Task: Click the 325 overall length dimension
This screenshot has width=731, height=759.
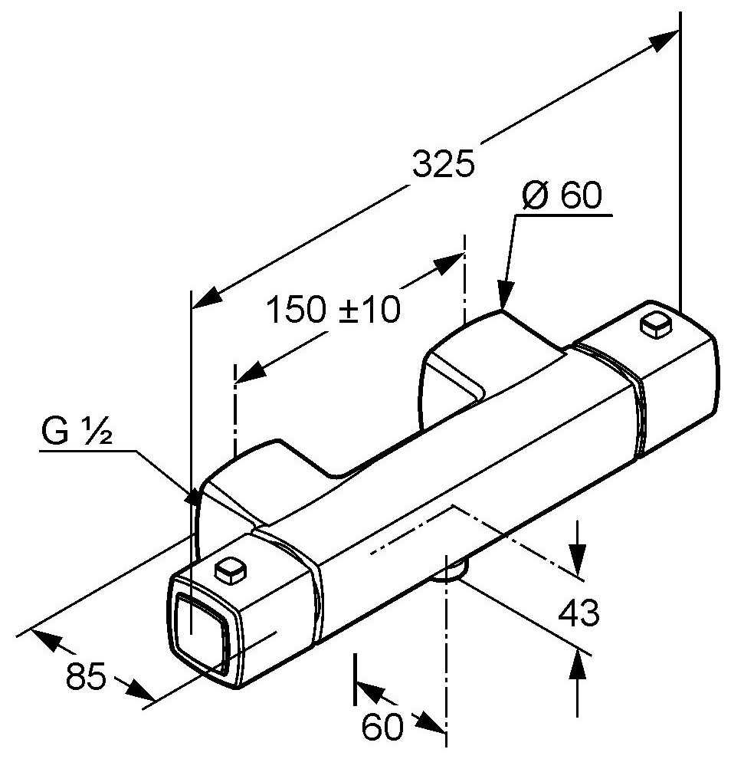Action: coord(444,163)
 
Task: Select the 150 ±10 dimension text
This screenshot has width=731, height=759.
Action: coord(333,310)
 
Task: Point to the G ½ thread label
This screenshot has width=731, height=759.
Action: coord(77,433)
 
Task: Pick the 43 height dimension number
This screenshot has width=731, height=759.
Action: coord(579,613)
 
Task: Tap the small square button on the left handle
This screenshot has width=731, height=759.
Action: coord(231,569)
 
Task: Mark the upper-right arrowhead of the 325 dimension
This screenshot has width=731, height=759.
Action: coord(666,39)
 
